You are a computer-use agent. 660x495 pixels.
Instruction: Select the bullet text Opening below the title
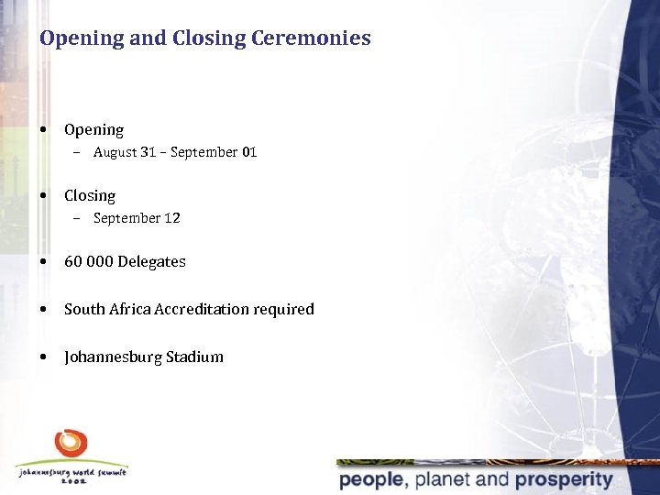[93, 130]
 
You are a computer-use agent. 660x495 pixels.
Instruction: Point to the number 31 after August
[148, 152]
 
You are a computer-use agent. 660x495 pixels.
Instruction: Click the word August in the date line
[115, 152]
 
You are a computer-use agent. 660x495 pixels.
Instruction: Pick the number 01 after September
[249, 152]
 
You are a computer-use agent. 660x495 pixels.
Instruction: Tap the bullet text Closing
[90, 195]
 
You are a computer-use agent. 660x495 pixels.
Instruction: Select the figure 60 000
[89, 261]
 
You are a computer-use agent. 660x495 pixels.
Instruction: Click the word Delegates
[151, 261]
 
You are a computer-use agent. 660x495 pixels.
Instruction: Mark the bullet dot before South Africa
[44, 310]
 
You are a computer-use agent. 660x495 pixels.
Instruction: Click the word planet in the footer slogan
[441, 479]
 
